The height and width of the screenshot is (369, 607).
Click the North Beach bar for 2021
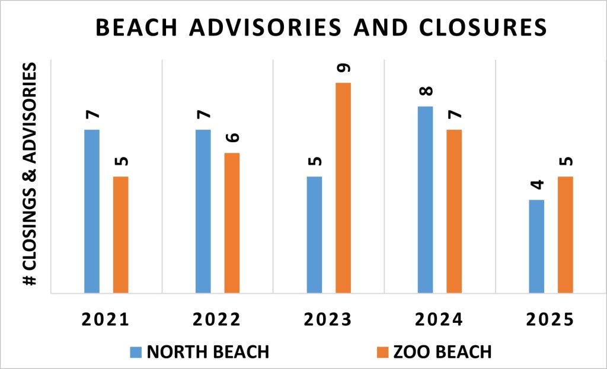(92, 211)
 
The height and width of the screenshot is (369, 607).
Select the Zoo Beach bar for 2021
(120, 235)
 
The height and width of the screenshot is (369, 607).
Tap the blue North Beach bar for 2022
(203, 211)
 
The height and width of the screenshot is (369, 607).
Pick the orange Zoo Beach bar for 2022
(232, 223)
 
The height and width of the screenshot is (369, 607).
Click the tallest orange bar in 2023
(343, 188)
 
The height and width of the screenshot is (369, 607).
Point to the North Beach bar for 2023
(314, 235)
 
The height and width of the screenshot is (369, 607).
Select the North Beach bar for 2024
(425, 200)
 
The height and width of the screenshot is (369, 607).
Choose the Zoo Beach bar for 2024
(454, 211)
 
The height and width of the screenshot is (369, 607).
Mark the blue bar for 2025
(536, 246)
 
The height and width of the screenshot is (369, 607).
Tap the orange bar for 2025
(565, 235)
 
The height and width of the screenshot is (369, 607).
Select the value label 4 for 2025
(536, 184)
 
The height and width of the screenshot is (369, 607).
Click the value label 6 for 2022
(232, 137)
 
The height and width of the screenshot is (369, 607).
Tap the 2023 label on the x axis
(328, 320)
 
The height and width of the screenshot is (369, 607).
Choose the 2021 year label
(106, 320)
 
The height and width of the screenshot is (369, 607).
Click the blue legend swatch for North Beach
(136, 352)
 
